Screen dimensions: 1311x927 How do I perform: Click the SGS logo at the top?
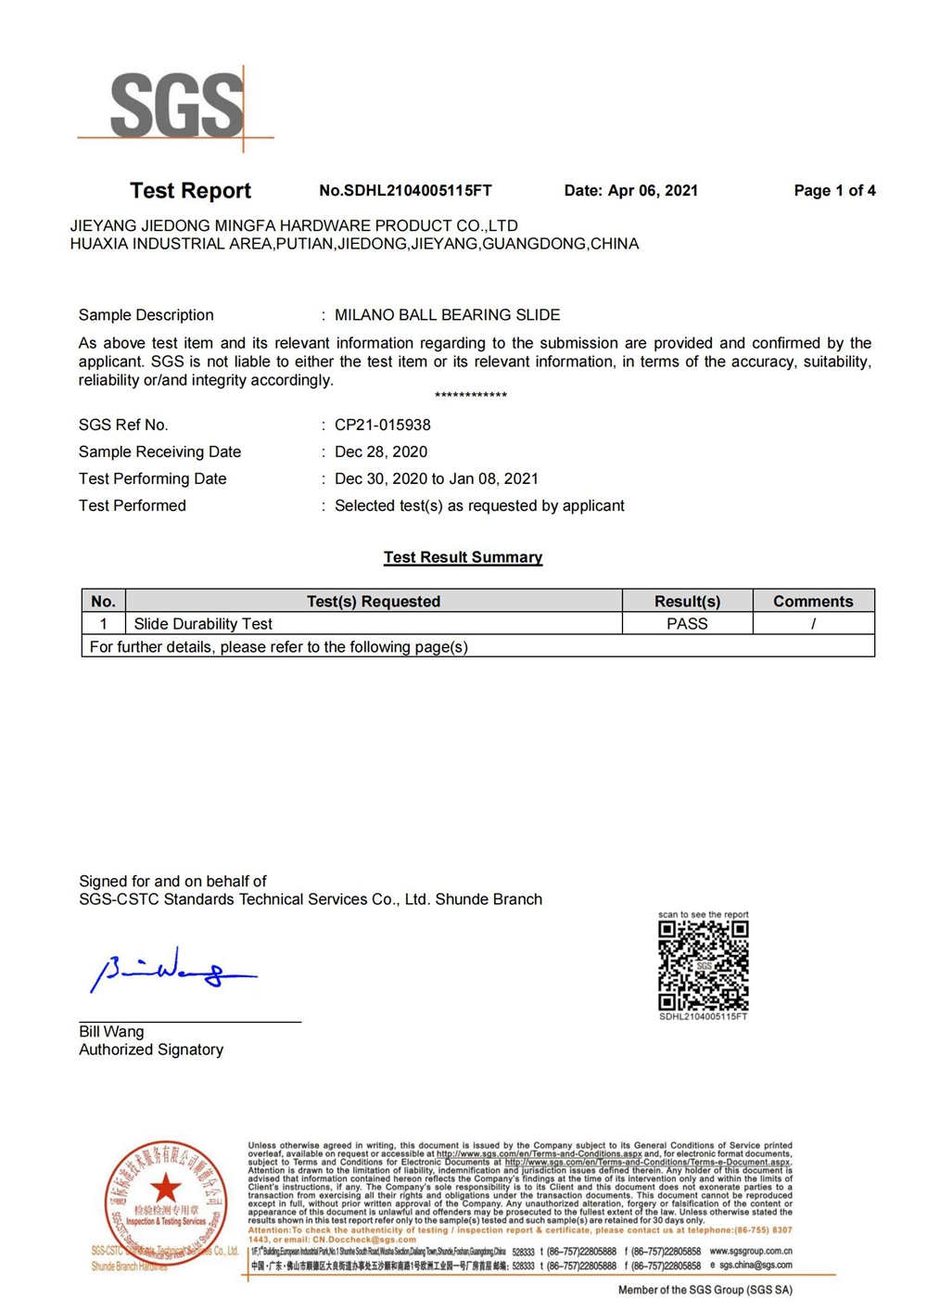click(x=177, y=106)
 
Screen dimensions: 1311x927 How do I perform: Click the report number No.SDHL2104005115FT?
click(x=405, y=190)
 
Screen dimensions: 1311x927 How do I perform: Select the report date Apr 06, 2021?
click(x=653, y=190)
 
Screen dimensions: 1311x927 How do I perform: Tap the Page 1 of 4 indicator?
click(x=834, y=190)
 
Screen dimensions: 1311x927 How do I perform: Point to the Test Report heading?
click(x=190, y=190)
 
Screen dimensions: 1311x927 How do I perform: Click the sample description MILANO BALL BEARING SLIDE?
click(x=447, y=315)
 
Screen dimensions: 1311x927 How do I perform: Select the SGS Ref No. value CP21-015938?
click(x=382, y=425)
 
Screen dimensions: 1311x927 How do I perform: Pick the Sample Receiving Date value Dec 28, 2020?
click(x=381, y=452)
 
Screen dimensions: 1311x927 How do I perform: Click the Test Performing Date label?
click(x=152, y=478)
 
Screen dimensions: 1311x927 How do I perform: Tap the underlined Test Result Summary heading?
click(x=463, y=557)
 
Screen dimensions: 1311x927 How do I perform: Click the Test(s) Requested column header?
click(x=374, y=601)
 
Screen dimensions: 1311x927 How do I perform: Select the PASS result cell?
click(x=687, y=624)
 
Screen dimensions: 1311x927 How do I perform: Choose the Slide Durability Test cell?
click(x=203, y=624)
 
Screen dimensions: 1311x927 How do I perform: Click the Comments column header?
click(x=813, y=601)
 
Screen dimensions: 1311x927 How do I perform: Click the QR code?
click(x=704, y=965)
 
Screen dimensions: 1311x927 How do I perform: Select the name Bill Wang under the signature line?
click(x=111, y=1031)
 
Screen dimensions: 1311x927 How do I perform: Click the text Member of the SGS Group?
click(x=705, y=1290)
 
